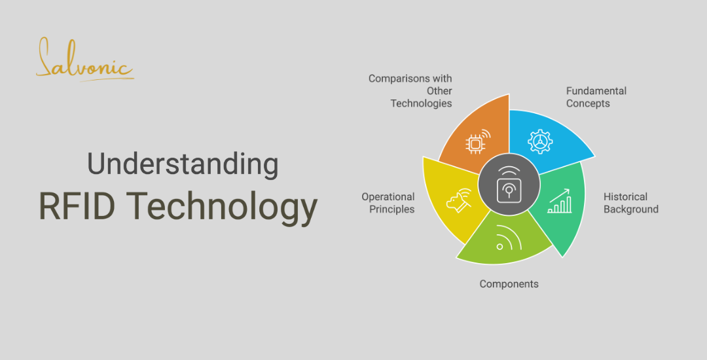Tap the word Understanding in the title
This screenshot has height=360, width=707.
point(183,164)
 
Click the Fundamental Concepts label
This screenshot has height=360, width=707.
point(596,97)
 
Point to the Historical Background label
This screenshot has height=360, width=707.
point(630,203)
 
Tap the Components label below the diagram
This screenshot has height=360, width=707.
point(509,284)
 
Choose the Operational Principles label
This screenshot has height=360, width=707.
point(388,203)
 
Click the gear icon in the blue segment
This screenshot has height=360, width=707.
point(540,142)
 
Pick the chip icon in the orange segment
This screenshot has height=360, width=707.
point(475,143)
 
